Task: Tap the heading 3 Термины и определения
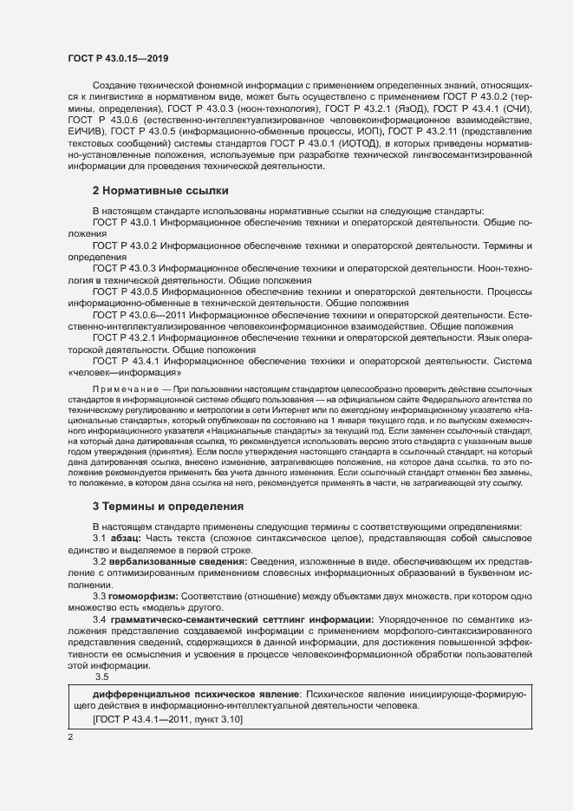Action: tap(168, 506)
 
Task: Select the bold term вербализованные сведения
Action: tap(179, 563)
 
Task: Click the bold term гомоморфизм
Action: tap(144, 598)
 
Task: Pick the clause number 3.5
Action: tap(101, 677)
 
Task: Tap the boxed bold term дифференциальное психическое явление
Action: tap(186, 695)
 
